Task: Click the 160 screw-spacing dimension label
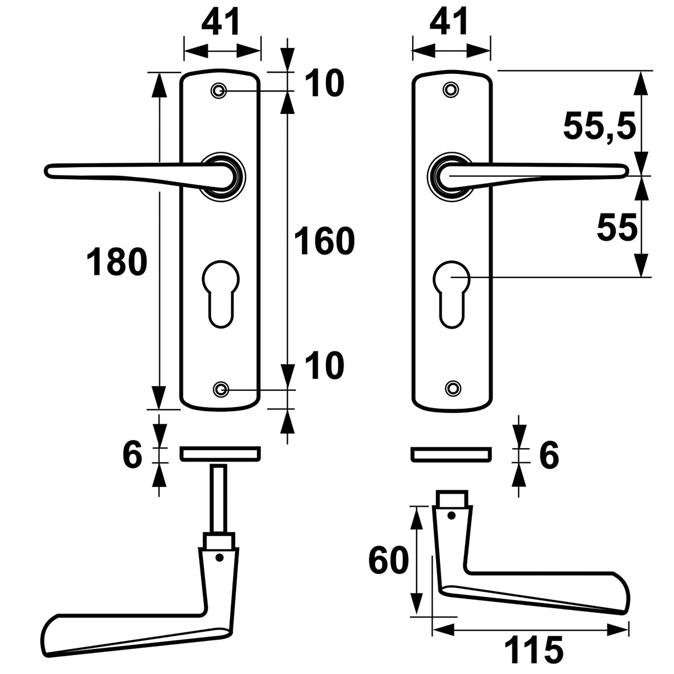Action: (324, 241)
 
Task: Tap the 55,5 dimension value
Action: (599, 126)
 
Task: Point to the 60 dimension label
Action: (389, 560)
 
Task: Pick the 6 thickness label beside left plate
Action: (132, 455)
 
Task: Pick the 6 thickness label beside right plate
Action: (548, 455)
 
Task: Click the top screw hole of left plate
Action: (219, 91)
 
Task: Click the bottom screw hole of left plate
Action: (220, 389)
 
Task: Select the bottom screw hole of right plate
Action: (453, 388)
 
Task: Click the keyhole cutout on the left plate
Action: (219, 292)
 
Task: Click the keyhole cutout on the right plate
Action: (451, 292)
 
